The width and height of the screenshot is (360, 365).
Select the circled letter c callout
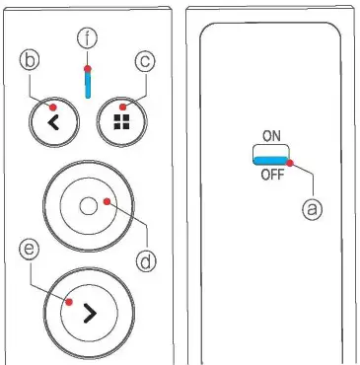144,62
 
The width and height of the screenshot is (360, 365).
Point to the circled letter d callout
144,261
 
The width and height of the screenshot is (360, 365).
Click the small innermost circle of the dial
88,205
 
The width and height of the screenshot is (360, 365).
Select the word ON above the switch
271,139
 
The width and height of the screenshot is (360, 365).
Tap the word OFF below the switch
271,175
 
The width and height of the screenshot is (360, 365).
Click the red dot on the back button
39,106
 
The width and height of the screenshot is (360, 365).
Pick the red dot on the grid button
122,107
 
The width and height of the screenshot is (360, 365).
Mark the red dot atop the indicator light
87,69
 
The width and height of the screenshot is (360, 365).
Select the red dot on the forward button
68,304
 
